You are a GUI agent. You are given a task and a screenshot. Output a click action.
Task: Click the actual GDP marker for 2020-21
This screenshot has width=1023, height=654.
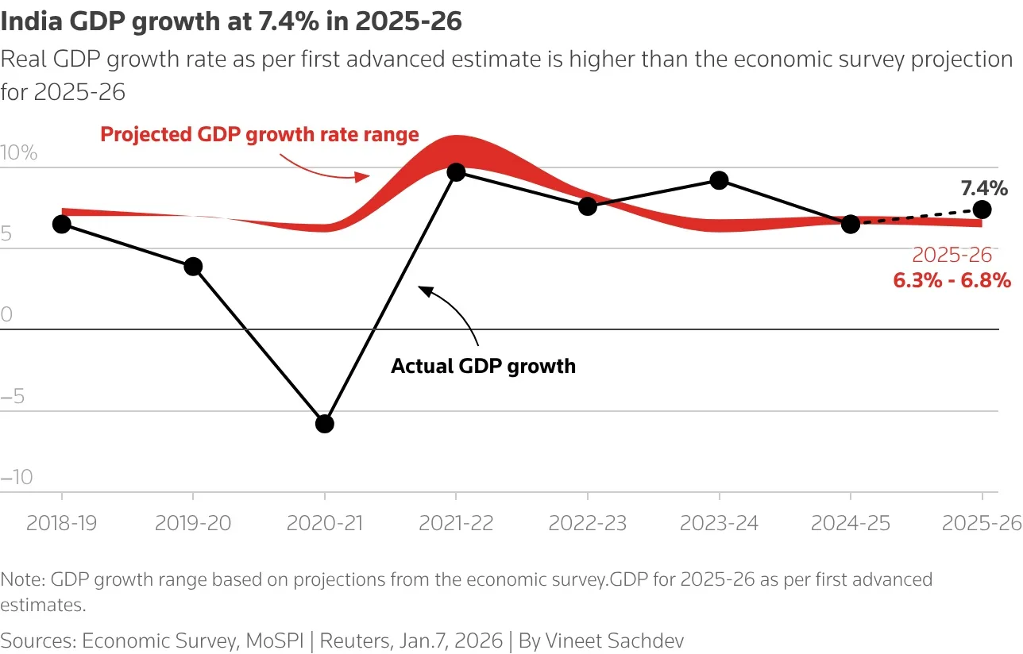(x=324, y=424)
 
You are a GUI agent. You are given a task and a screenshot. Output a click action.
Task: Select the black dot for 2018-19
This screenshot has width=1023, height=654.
(x=61, y=224)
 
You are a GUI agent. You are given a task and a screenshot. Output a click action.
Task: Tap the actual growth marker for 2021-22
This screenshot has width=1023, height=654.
(x=456, y=171)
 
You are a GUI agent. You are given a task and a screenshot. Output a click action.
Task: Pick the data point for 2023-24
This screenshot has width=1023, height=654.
(x=719, y=180)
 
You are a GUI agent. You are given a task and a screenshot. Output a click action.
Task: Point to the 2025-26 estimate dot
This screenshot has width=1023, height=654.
(x=982, y=210)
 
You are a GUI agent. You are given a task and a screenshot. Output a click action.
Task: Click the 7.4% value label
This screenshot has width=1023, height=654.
(x=983, y=188)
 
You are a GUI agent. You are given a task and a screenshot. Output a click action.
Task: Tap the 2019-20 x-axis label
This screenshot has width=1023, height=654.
(x=193, y=523)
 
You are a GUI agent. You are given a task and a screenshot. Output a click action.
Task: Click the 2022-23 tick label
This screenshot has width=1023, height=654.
(x=587, y=523)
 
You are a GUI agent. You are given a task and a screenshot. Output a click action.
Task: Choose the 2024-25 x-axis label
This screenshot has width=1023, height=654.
(x=851, y=523)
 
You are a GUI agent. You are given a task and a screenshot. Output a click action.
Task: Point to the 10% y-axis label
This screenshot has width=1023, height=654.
(x=19, y=153)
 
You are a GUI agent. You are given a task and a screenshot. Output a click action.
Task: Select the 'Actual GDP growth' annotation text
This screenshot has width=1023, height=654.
(x=483, y=366)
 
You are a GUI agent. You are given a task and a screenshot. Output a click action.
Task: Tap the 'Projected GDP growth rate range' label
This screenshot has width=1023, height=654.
(x=259, y=134)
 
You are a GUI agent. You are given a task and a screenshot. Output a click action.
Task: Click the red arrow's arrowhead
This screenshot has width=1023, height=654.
(x=364, y=176)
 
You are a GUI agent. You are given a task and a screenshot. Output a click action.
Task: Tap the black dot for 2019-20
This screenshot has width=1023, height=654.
(x=193, y=267)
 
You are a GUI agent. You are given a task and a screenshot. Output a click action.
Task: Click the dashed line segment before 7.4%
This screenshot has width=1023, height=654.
(x=917, y=217)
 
